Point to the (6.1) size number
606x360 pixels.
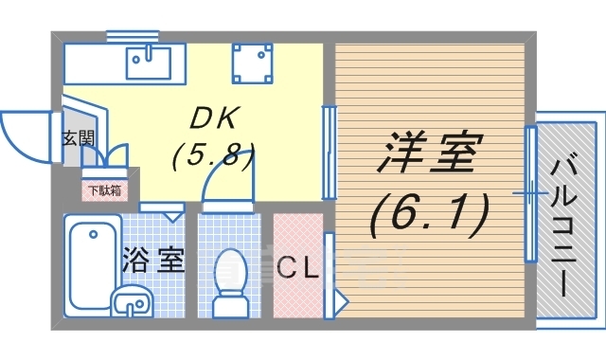[x=428, y=214]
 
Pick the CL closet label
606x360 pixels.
[x=297, y=268]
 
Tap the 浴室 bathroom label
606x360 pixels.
[x=151, y=260]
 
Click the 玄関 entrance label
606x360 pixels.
[x=78, y=138]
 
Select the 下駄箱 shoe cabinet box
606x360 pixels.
[x=103, y=189]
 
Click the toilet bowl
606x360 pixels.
[x=229, y=279]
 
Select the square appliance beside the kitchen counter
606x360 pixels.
[x=253, y=63]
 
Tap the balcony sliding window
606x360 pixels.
[x=531, y=194]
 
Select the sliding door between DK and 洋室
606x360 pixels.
[x=329, y=152]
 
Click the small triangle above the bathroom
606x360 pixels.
[x=171, y=216]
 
